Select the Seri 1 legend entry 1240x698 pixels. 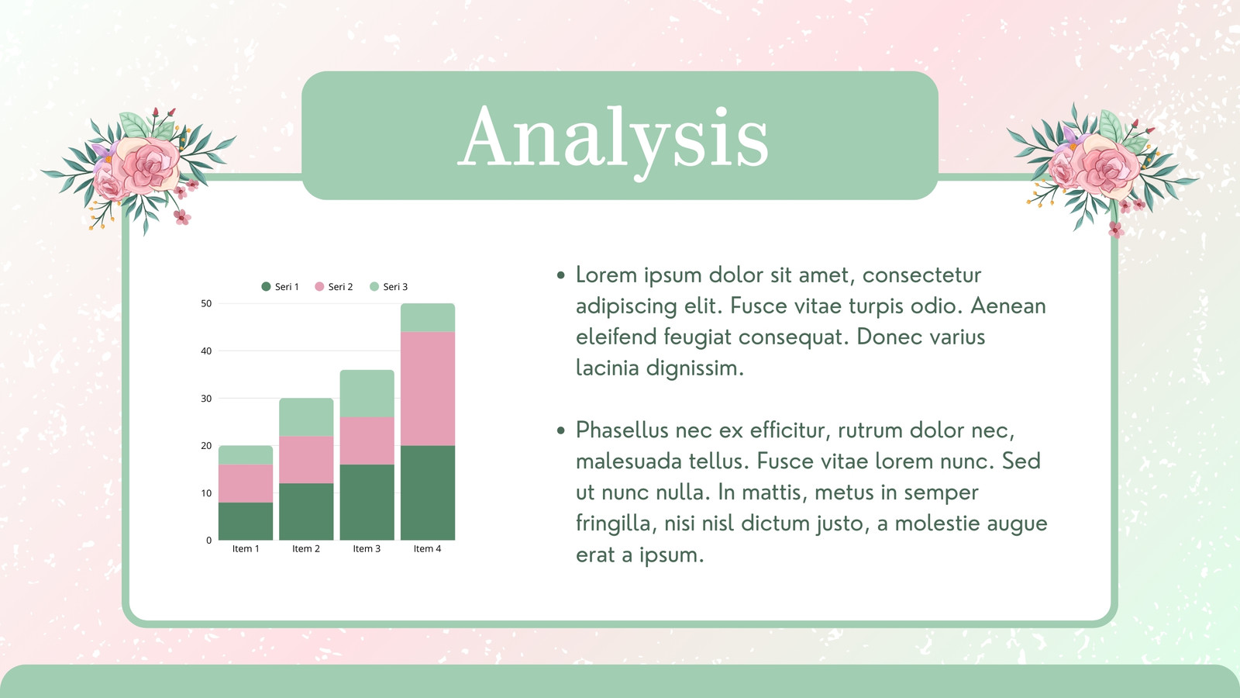[280, 286]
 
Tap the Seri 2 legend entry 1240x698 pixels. [334, 286]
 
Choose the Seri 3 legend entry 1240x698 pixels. [388, 286]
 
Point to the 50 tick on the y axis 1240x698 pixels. [206, 303]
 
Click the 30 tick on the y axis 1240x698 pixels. [206, 399]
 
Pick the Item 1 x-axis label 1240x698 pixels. [246, 548]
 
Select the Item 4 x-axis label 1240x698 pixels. [427, 548]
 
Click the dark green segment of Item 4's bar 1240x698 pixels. [428, 492]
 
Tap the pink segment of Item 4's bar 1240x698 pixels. [428, 389]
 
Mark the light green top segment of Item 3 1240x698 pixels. [367, 393]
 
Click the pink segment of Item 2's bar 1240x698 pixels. [306, 459]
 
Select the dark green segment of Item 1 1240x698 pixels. [246, 521]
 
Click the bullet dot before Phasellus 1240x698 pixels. [561, 430]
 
